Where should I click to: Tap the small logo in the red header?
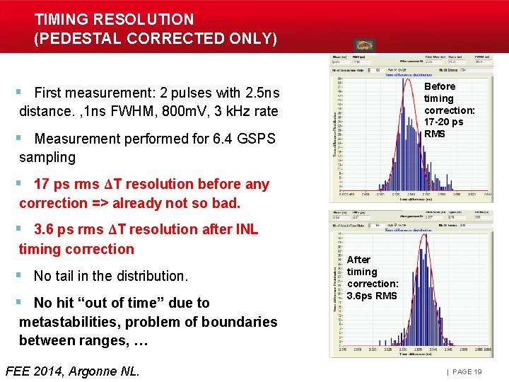365,45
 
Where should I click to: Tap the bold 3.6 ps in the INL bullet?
57,229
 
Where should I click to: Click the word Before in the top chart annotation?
440,86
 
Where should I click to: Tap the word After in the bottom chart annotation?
358,260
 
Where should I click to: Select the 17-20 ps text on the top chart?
443,122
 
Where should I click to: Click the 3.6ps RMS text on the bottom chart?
372,296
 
